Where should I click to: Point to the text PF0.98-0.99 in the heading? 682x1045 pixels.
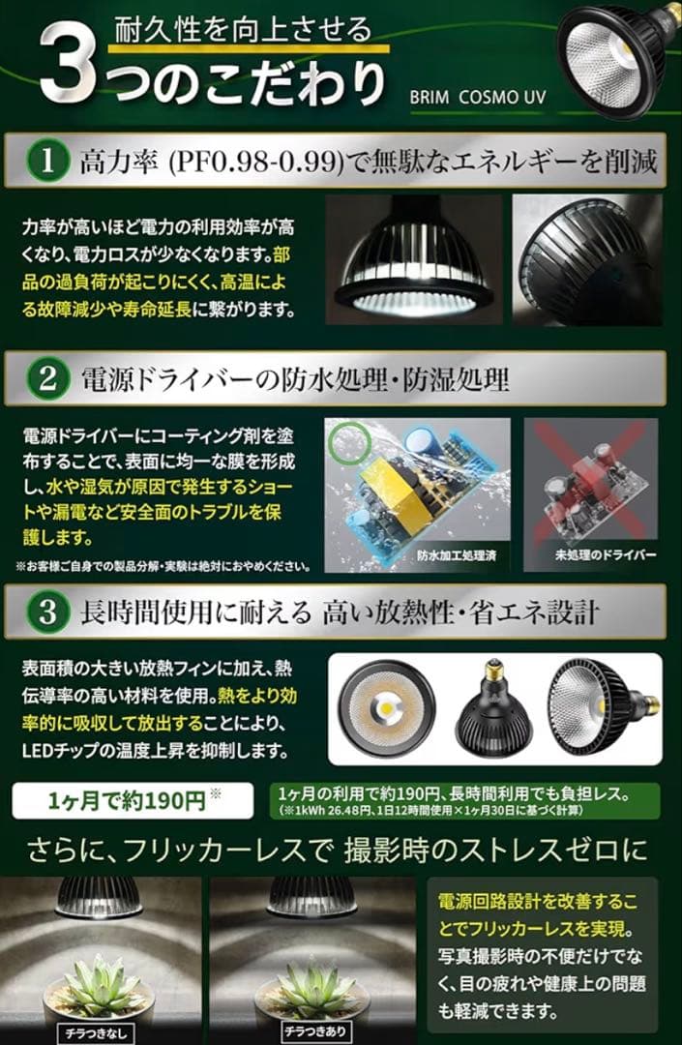click(254, 162)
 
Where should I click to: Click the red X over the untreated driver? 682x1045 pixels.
click(590, 484)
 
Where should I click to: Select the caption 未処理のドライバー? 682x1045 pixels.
click(591, 555)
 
